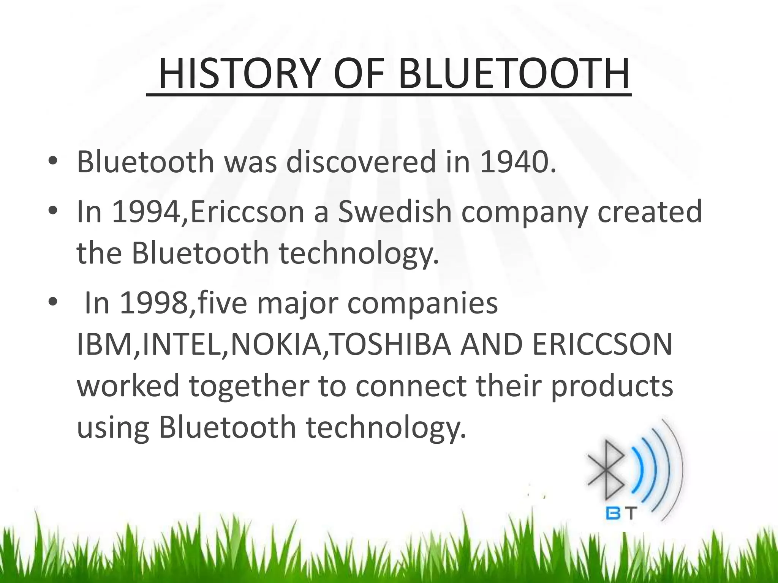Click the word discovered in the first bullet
tap(361, 162)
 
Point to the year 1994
tap(146, 212)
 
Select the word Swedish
tap(395, 212)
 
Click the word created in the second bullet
tap(650, 212)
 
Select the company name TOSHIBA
tap(391, 345)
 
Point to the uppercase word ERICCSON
tap(602, 345)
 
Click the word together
tap(249, 386)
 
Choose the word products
tap(612, 386)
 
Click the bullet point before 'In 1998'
tap(53, 303)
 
